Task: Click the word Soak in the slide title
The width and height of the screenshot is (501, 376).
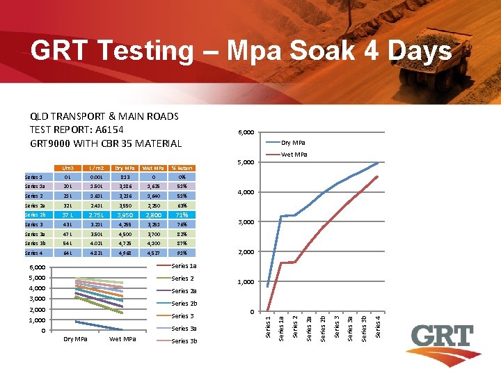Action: (x=321, y=51)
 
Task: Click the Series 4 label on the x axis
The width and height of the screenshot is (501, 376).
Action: (x=378, y=327)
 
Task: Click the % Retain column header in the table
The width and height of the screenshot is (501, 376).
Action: (x=182, y=168)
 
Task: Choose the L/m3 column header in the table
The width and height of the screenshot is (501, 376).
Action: (x=67, y=168)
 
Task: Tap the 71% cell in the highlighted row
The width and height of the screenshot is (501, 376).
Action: (x=182, y=215)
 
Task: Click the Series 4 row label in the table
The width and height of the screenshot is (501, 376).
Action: (x=34, y=253)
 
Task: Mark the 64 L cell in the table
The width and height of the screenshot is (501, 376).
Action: (x=67, y=253)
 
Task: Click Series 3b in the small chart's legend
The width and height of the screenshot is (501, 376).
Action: (x=184, y=341)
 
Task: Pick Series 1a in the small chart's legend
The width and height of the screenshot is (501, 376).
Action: (x=184, y=266)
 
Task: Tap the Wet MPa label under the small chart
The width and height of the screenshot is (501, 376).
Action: (x=122, y=339)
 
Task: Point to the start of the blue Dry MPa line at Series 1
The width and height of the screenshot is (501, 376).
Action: (x=268, y=286)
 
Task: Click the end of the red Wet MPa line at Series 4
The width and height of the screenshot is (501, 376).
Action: (x=377, y=176)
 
